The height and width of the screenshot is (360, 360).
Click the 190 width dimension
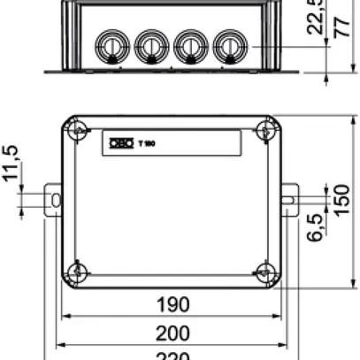172,305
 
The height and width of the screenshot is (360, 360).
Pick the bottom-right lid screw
263,271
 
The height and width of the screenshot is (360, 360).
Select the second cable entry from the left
149,44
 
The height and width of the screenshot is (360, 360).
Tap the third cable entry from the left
188,44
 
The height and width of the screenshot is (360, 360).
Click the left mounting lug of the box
54,200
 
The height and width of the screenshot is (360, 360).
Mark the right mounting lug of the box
289,200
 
